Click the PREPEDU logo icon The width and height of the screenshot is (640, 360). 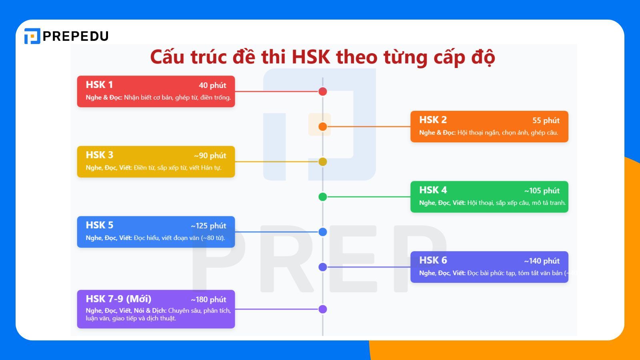click(32, 36)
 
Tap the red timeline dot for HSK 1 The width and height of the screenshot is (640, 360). click(323, 92)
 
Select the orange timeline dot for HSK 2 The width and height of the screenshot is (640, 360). click(323, 127)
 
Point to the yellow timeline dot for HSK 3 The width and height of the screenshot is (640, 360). click(323, 162)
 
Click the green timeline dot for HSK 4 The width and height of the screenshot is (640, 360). click(323, 197)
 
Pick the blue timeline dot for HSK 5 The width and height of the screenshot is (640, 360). click(323, 232)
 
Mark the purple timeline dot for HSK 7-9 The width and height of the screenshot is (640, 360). click(323, 309)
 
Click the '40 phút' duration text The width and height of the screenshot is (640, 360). click(212, 85)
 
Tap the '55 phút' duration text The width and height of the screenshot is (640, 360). click(546, 120)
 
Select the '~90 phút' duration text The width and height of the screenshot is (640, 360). click(210, 156)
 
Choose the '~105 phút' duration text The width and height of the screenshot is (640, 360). click(542, 191)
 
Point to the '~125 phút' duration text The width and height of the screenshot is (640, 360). click(208, 226)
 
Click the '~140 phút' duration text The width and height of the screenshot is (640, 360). click(542, 261)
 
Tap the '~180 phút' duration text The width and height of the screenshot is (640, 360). click(208, 300)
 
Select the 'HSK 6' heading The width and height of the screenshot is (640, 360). click(433, 260)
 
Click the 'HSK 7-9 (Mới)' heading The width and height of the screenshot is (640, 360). click(118, 299)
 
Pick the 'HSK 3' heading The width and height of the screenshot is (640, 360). click(99, 155)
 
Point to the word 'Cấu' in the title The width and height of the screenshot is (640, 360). click(167, 57)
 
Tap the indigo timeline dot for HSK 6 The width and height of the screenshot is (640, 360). click(323, 267)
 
